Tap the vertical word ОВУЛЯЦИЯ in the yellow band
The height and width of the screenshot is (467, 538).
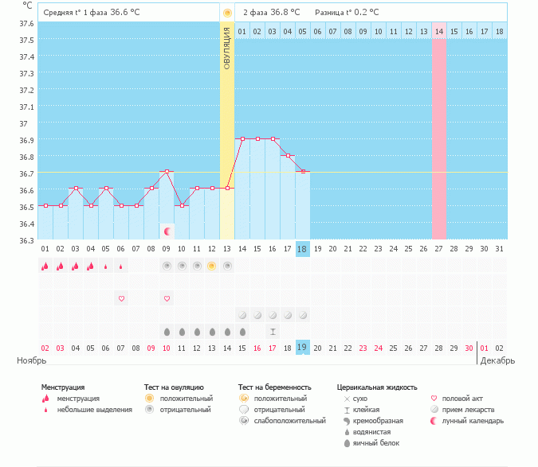[x=227, y=48]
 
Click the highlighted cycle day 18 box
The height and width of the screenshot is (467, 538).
[x=302, y=249]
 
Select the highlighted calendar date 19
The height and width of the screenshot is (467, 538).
[x=302, y=348]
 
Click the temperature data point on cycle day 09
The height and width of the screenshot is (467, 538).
[x=167, y=171]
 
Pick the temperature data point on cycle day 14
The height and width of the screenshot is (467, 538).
[x=242, y=138]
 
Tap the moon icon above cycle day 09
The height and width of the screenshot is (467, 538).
[x=167, y=232]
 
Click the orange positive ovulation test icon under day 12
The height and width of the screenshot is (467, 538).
[x=212, y=266]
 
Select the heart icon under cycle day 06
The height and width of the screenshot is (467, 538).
[x=121, y=298]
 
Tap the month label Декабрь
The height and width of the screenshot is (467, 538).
[x=498, y=360]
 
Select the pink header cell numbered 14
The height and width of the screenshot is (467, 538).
[x=439, y=31]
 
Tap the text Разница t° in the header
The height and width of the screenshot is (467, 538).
[x=333, y=13]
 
